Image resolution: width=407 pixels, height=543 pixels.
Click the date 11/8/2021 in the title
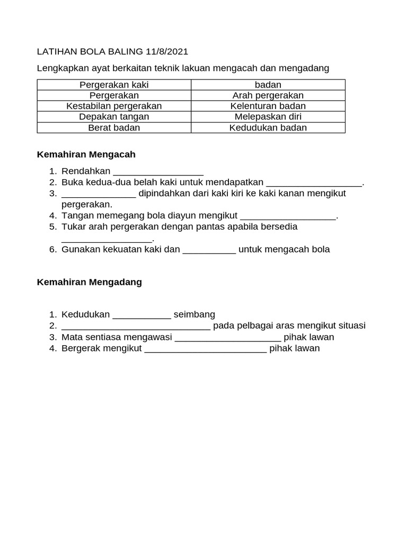(x=166, y=51)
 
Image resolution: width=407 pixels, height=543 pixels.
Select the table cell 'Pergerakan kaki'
(x=114, y=85)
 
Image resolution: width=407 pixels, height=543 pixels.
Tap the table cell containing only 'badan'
(x=268, y=85)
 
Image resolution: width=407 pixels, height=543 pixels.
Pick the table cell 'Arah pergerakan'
(x=268, y=95)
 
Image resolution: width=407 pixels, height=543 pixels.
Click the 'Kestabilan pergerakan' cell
(x=114, y=106)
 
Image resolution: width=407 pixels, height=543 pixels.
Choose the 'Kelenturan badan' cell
(x=268, y=106)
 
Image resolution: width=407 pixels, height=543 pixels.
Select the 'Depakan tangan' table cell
(x=114, y=117)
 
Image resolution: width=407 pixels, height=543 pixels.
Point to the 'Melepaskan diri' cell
(x=268, y=117)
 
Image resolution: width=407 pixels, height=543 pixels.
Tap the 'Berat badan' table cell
(x=114, y=127)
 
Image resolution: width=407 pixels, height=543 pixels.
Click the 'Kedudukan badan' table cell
(x=268, y=127)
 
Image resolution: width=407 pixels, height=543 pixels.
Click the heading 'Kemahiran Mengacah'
(x=86, y=154)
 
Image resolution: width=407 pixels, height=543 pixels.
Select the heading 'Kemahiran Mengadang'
(x=89, y=282)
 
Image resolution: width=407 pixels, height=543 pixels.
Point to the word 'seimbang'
(x=194, y=314)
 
